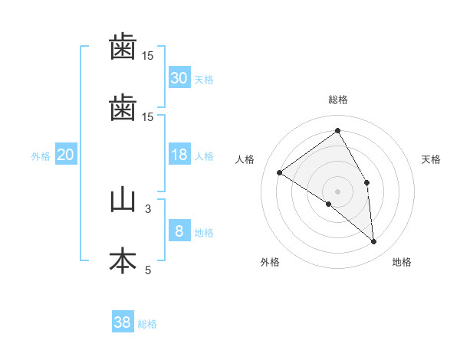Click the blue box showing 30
point(179,77)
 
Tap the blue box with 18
point(179,155)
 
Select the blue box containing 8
point(179,231)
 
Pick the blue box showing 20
point(66,155)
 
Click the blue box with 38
point(123,322)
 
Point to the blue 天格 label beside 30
point(203,79)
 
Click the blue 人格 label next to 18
point(203,155)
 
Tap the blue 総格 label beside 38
point(147,324)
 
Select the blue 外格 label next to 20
point(41,155)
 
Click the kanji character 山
point(123,200)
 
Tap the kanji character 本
point(123,261)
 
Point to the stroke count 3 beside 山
point(148,208)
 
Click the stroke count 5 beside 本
point(148,269)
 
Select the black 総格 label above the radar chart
point(337,100)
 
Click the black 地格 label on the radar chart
point(402,262)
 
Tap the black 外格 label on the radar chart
point(270,262)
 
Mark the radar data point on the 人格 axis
point(280,172)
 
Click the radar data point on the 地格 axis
point(373,241)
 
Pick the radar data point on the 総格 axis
point(337,131)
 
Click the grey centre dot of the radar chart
point(337,191)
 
